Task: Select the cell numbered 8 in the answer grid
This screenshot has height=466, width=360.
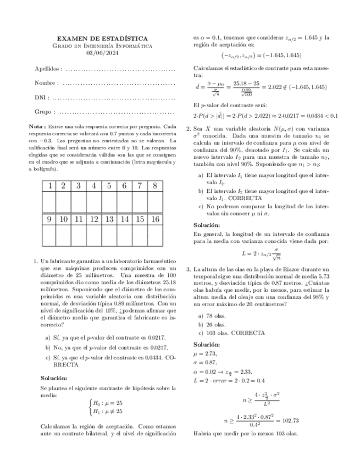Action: pyautogui.click(x=155, y=186)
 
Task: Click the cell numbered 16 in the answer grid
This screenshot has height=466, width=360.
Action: pyautogui.click(x=155, y=219)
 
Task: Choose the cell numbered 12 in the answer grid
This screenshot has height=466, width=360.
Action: pyautogui.click(x=94, y=219)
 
